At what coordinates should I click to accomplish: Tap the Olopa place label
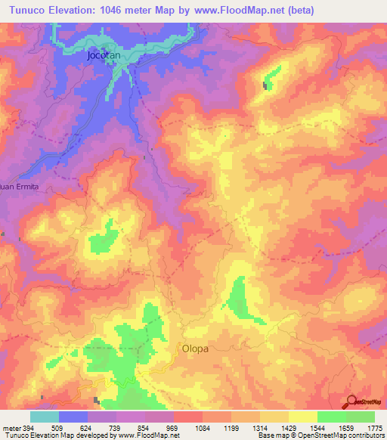195,349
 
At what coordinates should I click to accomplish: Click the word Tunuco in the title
30,10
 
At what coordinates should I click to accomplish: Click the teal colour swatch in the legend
45,417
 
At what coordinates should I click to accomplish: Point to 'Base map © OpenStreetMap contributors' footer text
320,435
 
